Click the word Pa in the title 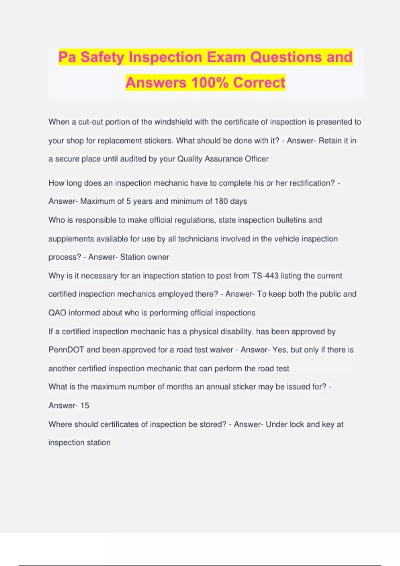tap(68, 57)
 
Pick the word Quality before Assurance tap(190, 159)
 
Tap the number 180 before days tap(221, 201)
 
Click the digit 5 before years tap(128, 201)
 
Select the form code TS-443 tap(265, 276)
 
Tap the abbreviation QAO tap(57, 313)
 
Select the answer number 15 tap(85, 405)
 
